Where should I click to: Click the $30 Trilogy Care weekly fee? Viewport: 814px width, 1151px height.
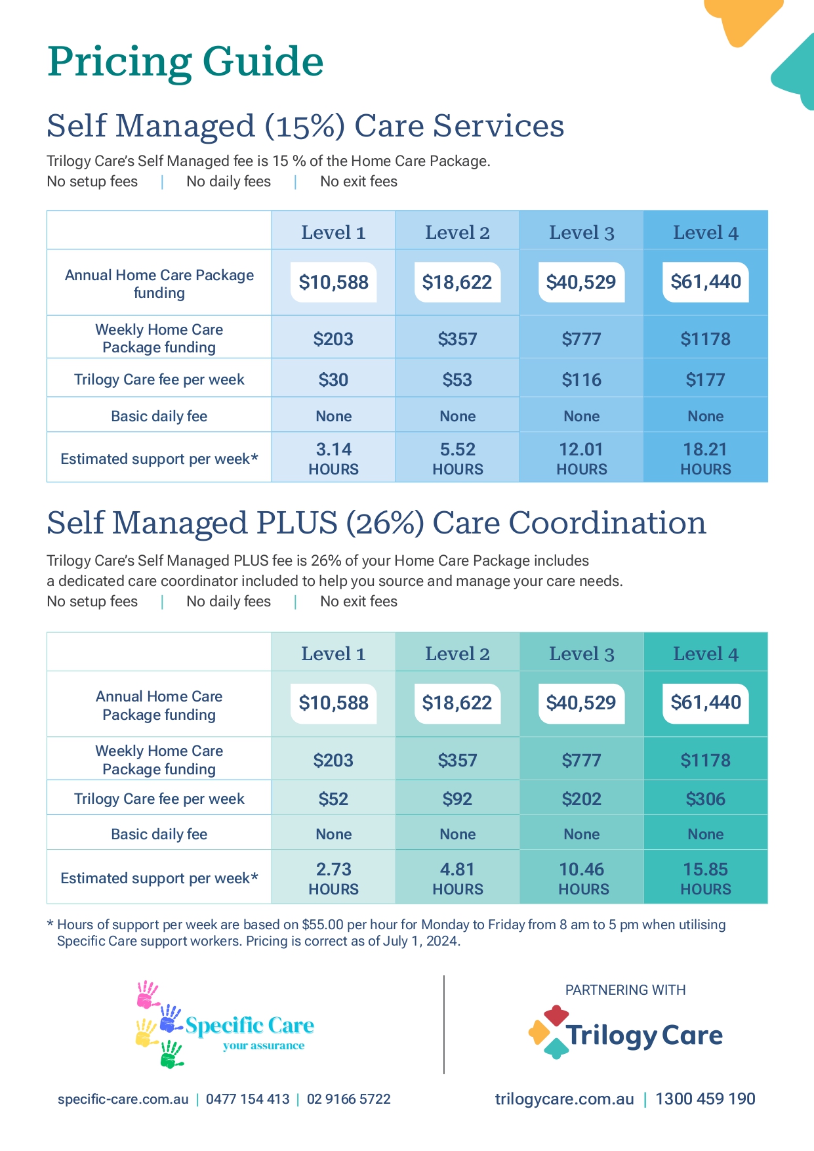coord(333,380)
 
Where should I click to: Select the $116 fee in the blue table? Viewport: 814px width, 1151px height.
coord(581,380)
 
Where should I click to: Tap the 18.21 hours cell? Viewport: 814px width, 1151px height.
coord(705,458)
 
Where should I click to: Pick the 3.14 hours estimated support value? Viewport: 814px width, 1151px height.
coord(333,458)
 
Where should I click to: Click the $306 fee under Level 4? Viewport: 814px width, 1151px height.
coord(705,799)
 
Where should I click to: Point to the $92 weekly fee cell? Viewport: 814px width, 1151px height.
coord(457,799)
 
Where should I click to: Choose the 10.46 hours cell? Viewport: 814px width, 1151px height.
coord(582,878)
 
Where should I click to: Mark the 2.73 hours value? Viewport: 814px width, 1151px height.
coord(333,878)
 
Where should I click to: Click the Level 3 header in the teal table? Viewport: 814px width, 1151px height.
coord(581,654)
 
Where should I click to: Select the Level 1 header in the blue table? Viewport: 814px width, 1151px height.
coord(333,232)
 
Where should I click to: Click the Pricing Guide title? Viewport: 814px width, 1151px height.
coord(186,62)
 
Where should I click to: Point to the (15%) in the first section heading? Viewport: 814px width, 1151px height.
coord(304,126)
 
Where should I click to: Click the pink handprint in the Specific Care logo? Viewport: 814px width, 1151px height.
coord(147,995)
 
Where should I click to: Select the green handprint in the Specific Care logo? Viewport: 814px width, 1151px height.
coord(172,1054)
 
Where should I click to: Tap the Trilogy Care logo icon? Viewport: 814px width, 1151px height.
coord(548,1032)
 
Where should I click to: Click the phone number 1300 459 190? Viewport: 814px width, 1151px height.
coord(705,1099)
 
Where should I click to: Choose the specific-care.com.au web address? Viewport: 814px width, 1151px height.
coord(123,1099)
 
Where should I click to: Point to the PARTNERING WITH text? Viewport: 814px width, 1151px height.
coord(625,990)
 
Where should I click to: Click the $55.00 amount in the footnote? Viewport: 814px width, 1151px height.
coord(323,925)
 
